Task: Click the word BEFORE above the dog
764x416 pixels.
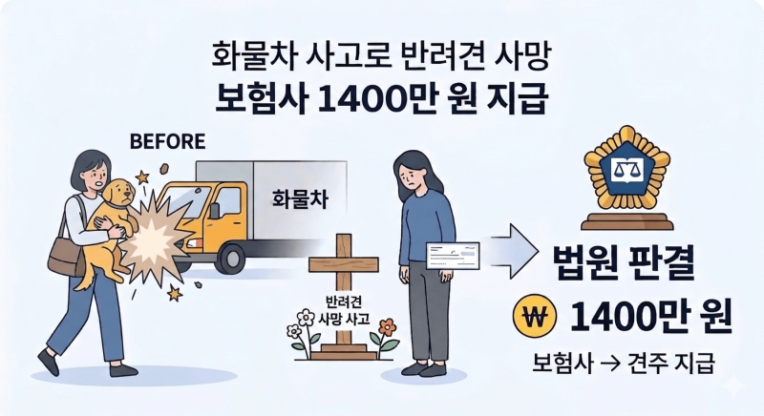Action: [166, 143]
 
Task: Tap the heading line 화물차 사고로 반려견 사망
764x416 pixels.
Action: [381, 56]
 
